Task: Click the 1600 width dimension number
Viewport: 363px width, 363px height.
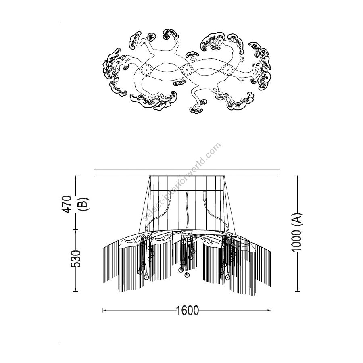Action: pos(187,310)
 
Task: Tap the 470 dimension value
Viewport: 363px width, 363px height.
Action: pos(68,204)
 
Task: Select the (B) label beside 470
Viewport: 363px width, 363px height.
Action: pos(83,204)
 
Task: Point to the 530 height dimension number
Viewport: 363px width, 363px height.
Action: pos(76,259)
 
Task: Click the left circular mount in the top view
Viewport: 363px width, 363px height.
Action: pos(146,69)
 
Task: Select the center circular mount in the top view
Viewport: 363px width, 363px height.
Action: pos(187,69)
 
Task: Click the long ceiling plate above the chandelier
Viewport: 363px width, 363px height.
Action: pos(187,172)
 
